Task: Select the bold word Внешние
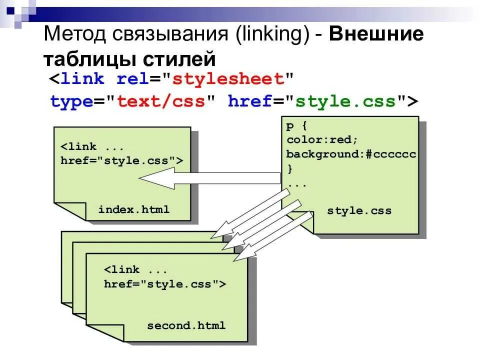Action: click(x=376, y=35)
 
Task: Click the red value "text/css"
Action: click(x=161, y=101)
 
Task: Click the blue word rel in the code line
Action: click(x=131, y=79)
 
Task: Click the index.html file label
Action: click(x=134, y=209)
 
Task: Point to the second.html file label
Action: click(x=186, y=325)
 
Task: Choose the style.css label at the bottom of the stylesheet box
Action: click(x=359, y=210)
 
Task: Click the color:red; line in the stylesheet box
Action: click(x=322, y=139)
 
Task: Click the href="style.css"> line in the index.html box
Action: click(x=121, y=160)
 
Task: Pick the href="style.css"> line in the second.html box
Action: click(x=165, y=284)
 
